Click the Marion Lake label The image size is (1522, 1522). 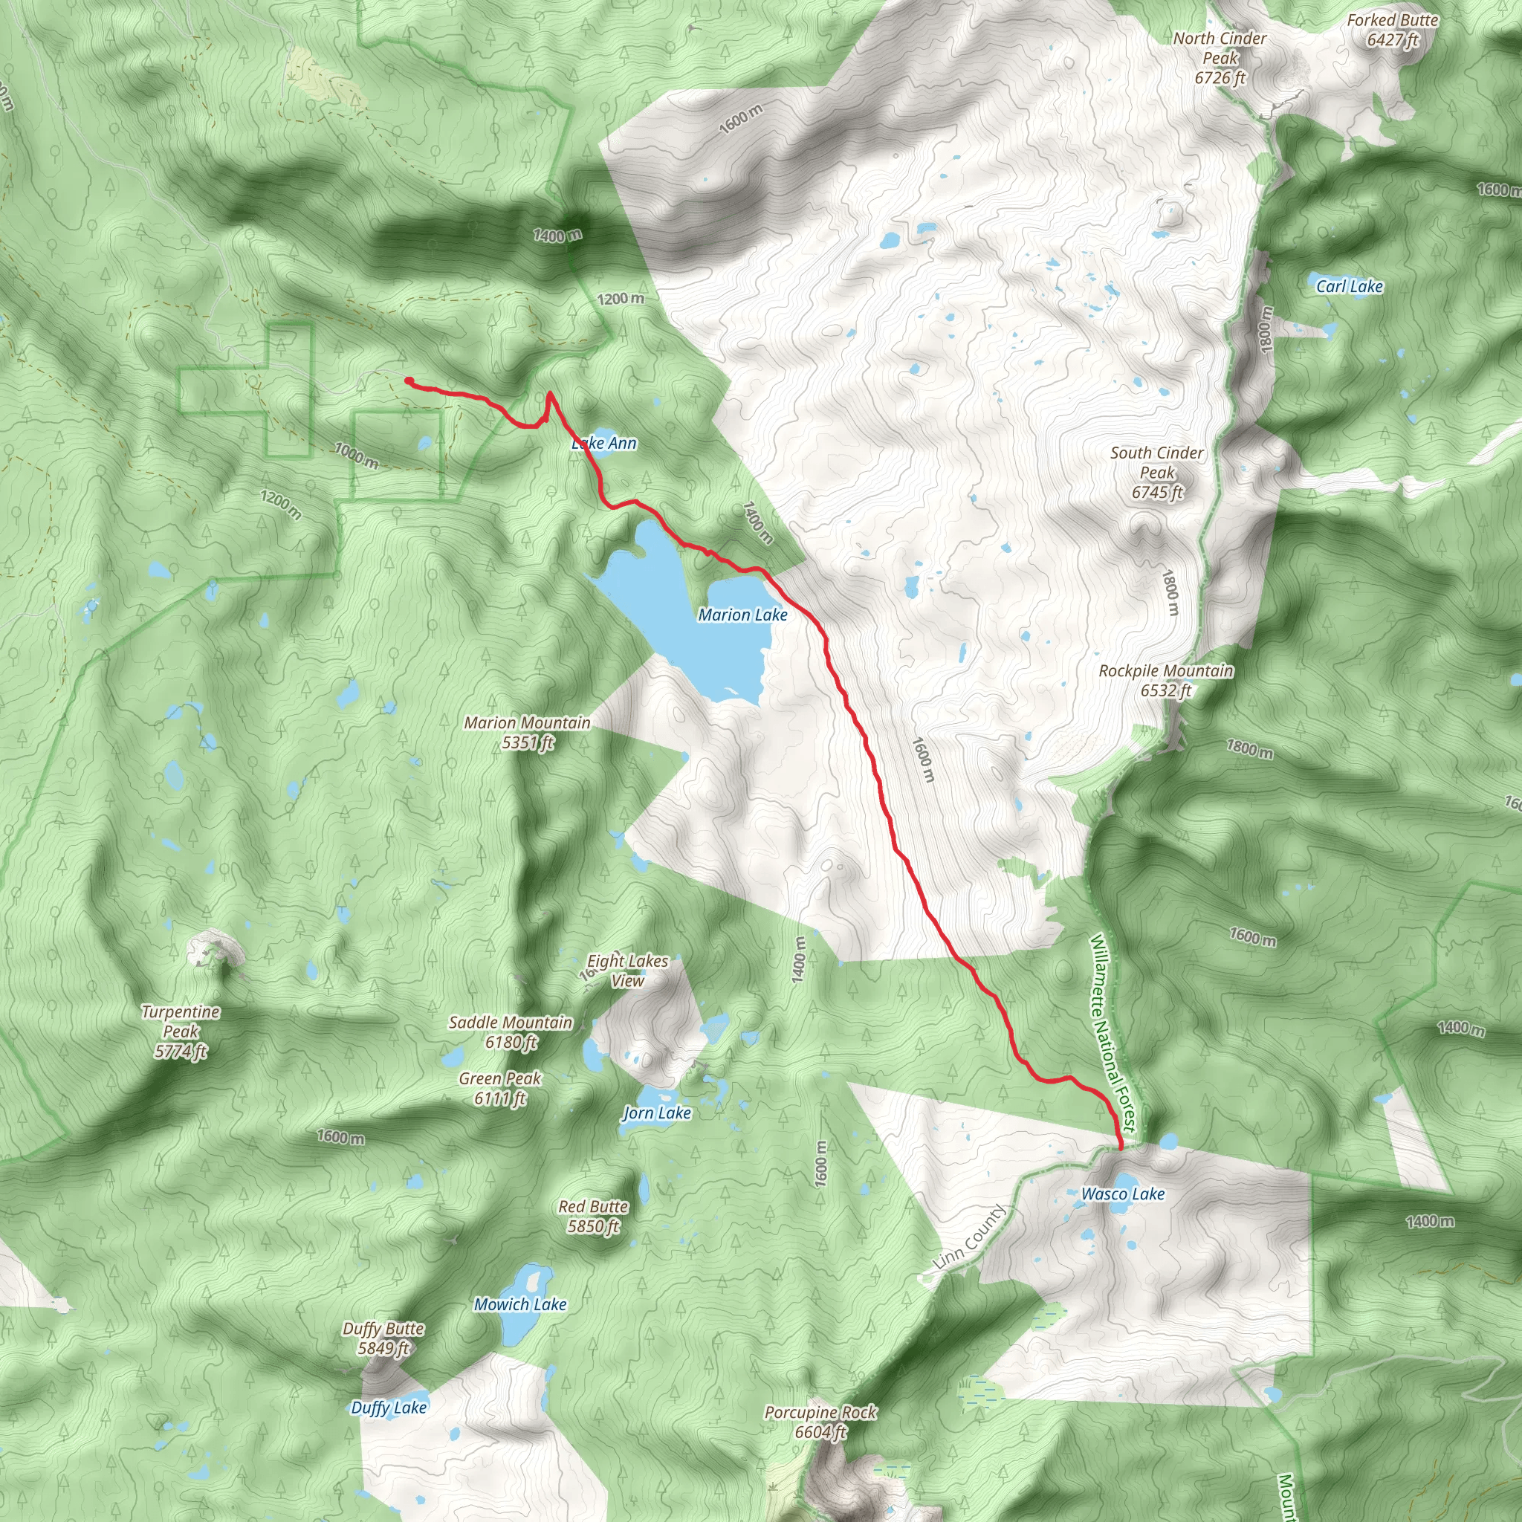click(742, 615)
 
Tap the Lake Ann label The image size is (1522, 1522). click(604, 444)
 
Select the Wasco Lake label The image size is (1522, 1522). click(1123, 1194)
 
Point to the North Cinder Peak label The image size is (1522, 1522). click(1220, 57)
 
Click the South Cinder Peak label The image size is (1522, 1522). click(1156, 472)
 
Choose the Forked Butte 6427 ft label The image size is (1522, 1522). click(1392, 30)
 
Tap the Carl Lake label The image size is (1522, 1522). click(1349, 287)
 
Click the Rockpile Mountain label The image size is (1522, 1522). click(1166, 681)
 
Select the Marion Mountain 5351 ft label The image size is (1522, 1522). click(527, 732)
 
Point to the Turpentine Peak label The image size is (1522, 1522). click(181, 1032)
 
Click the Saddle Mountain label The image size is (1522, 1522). click(511, 1032)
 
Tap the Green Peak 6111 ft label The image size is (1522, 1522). click(500, 1088)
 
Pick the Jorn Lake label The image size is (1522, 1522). click(657, 1113)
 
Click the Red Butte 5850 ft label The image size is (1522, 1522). click(593, 1217)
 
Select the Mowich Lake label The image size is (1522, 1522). click(520, 1304)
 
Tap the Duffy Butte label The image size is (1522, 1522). click(383, 1338)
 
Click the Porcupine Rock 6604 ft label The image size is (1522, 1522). click(820, 1422)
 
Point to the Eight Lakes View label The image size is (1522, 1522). click(627, 971)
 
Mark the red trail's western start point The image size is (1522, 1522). click(409, 381)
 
